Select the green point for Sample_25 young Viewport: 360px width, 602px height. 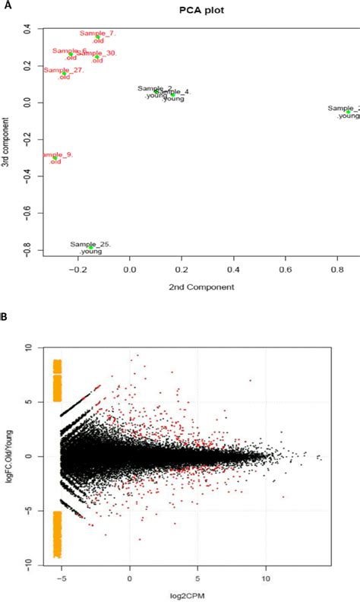pos(90,248)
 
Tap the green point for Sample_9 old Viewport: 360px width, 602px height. pos(55,158)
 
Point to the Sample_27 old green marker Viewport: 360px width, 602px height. pos(65,74)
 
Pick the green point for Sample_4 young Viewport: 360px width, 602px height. pos(172,94)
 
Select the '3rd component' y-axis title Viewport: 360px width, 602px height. pos(7,142)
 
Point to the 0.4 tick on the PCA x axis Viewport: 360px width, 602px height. pos(232,269)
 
